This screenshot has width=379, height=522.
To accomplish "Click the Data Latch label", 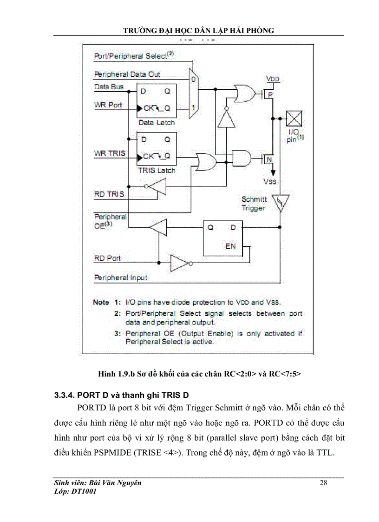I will pos(157,123).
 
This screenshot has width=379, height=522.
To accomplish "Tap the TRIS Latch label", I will pos(157,171).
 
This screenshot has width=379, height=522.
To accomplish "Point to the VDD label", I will pos(273,79).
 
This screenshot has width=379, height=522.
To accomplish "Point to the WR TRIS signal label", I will pos(110,153).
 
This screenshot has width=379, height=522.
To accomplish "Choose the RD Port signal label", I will pos(107,258).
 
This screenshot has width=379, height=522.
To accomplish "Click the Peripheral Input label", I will pos(121,278).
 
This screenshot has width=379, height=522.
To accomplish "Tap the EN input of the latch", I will pos(231,246).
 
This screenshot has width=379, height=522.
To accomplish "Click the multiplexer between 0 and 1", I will pos(192,93).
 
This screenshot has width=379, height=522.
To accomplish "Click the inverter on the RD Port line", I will pos(179,264).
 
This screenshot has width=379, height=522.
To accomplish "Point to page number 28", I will pos(324,483).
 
